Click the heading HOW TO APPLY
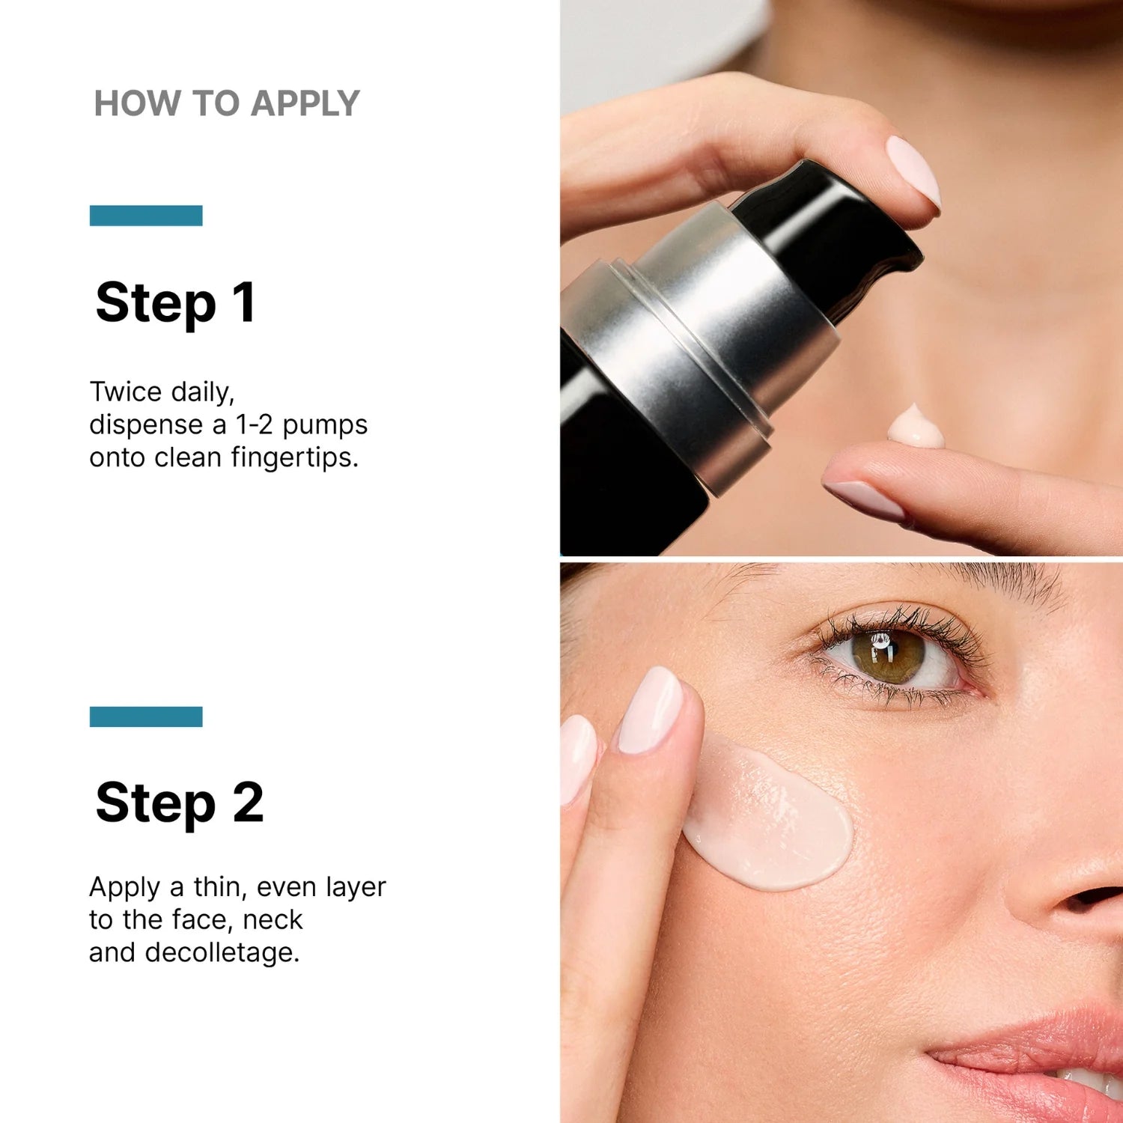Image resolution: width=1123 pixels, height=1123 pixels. coord(227,103)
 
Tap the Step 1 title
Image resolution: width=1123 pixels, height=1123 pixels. coord(176,302)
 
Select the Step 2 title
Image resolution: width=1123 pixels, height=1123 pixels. coord(180,803)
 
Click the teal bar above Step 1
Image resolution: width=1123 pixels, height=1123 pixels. coord(146,216)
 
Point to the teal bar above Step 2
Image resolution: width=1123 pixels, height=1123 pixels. coord(146,716)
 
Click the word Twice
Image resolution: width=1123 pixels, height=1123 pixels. coord(126,392)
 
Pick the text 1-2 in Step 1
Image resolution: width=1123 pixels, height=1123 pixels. coord(254,424)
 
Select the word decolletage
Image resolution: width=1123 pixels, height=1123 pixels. coord(222,952)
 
